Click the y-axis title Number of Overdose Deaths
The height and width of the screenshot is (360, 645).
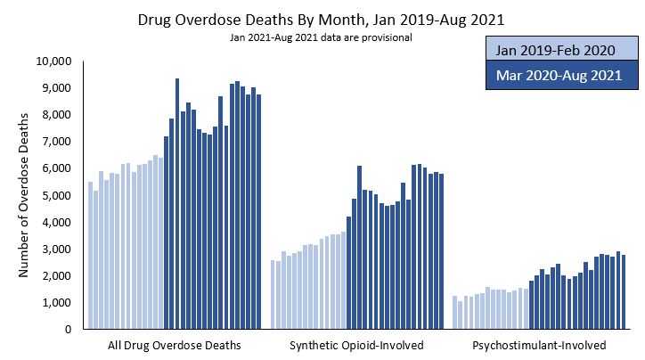pyautogui.click(x=25, y=194)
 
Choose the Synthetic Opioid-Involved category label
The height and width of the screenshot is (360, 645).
pyautogui.click(x=357, y=345)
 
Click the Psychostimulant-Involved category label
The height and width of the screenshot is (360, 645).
pyautogui.click(x=540, y=345)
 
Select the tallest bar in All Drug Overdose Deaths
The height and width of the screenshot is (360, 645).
pyautogui.click(x=177, y=204)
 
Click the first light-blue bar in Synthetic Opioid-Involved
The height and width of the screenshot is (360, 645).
pyautogui.click(x=273, y=295)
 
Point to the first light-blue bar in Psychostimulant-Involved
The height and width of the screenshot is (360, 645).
pyautogui.click(x=454, y=313)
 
